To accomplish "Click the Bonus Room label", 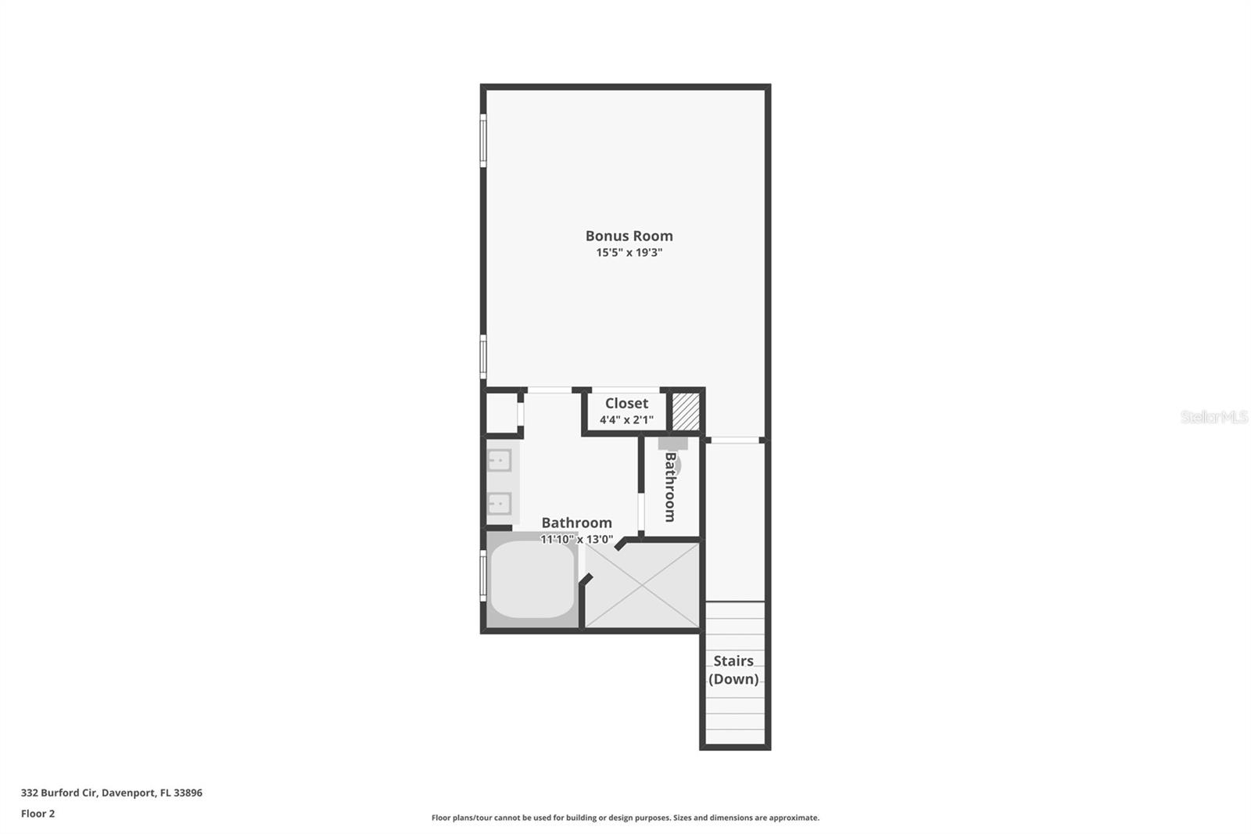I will (x=629, y=235).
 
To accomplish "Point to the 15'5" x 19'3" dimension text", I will (x=629, y=253).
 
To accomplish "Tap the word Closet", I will (x=626, y=403).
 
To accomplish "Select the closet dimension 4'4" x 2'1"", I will (x=626, y=420).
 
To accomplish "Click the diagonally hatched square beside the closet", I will (x=686, y=411).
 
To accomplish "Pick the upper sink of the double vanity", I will (x=499, y=460).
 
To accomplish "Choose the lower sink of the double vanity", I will (x=499, y=503).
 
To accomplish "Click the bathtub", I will (x=532, y=579).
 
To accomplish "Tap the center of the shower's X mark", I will (x=642, y=585).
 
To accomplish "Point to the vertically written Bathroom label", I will (x=670, y=487).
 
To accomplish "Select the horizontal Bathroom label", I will (x=576, y=523).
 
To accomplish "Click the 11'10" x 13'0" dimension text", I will (x=576, y=539).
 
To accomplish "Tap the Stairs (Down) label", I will (x=733, y=670).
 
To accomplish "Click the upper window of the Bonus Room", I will (x=483, y=140).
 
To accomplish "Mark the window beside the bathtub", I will (x=483, y=575).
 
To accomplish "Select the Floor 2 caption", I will (x=38, y=814).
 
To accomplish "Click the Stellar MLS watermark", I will (x=1213, y=417).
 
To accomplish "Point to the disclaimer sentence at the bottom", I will (x=625, y=818).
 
